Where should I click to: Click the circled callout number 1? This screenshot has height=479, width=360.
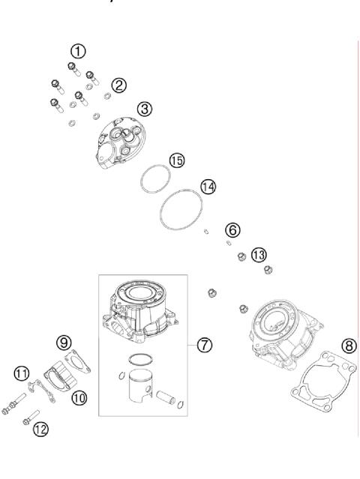(x=77, y=51)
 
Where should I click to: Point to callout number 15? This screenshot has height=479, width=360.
(x=176, y=160)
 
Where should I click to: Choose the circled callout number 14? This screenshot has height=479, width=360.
(x=208, y=185)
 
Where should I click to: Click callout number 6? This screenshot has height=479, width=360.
(x=233, y=229)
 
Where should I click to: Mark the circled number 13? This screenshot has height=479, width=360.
(x=258, y=255)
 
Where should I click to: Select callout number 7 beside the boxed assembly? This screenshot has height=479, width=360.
(x=205, y=345)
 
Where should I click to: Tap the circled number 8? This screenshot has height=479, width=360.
(x=348, y=346)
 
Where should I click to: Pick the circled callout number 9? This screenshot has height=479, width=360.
(x=64, y=343)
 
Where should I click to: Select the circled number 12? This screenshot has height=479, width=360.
(x=39, y=428)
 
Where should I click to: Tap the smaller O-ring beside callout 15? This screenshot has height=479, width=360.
(x=154, y=179)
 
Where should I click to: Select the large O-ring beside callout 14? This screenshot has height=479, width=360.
(x=179, y=210)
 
